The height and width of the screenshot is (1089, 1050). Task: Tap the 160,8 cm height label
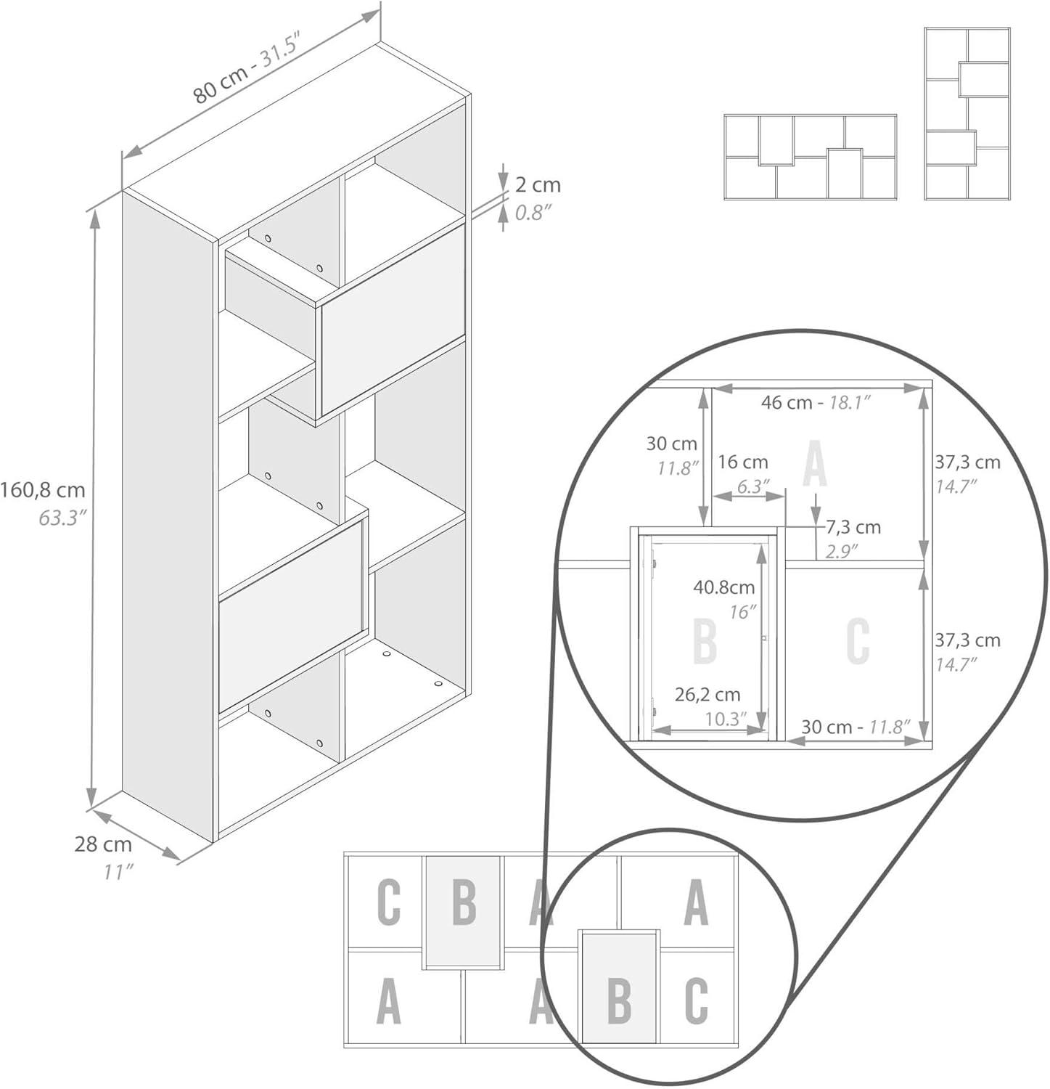pos(43,490)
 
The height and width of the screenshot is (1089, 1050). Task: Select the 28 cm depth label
pos(103,844)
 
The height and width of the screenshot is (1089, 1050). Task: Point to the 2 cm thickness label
pos(538,185)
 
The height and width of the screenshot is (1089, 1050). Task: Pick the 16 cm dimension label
pos(742,462)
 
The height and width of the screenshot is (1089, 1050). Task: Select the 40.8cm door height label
pos(723,587)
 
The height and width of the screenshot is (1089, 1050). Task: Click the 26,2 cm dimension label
pos(707,695)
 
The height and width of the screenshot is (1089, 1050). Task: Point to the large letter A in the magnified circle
pos(815,467)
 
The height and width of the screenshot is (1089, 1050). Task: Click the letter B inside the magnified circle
pos(705,642)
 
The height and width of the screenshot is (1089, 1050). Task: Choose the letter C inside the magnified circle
pos(858,642)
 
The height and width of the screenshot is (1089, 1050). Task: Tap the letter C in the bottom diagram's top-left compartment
pos(389,902)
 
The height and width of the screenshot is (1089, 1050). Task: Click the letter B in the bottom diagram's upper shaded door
pos(464,902)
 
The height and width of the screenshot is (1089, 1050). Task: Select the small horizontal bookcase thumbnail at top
pos(810,157)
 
